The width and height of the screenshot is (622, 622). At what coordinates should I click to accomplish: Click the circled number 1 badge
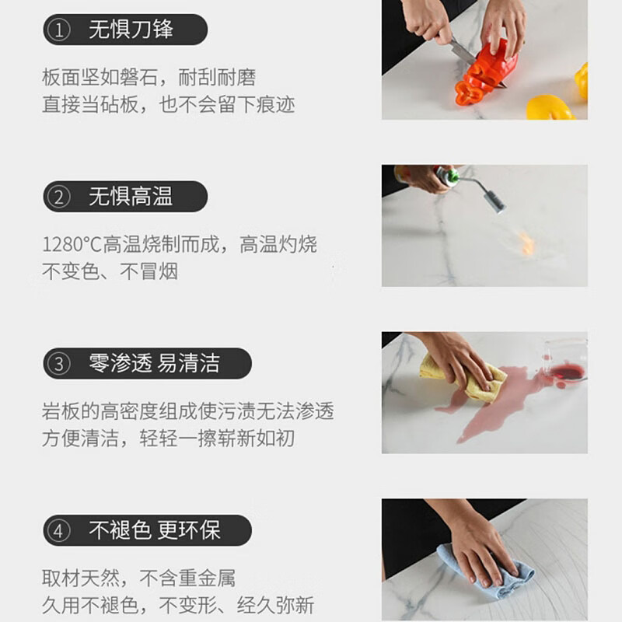[58, 30]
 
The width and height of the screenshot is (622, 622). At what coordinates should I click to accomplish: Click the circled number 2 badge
[58, 197]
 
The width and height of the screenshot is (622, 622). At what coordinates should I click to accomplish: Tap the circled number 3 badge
[58, 363]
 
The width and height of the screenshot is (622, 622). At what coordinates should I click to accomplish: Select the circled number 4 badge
[58, 530]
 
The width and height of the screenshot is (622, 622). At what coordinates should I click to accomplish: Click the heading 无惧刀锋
[131, 30]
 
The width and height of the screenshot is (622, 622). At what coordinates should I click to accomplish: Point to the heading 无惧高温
[131, 197]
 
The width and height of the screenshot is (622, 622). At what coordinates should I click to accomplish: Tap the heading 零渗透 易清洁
[154, 363]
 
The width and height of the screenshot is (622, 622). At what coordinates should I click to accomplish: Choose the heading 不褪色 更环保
[154, 530]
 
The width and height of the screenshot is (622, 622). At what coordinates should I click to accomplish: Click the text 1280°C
[72, 245]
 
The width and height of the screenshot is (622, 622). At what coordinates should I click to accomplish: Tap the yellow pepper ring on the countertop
[549, 107]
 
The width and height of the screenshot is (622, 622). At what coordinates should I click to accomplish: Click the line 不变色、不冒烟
[110, 271]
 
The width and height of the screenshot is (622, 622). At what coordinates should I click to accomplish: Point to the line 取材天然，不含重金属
[138, 578]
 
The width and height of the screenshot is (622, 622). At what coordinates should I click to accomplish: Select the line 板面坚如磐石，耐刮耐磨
[149, 78]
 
